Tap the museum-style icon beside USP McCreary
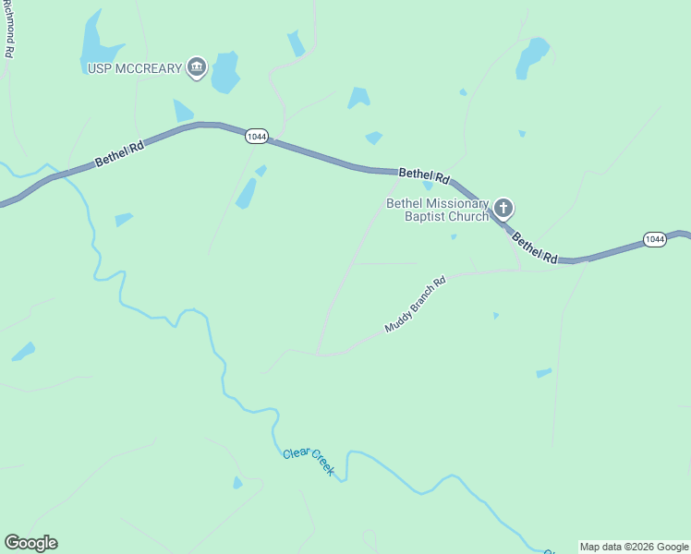[196, 66]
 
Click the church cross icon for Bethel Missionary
[503, 208]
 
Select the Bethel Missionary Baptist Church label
[437, 210]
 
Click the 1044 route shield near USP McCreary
[257, 137]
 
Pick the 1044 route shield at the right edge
[654, 239]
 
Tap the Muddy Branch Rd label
[416, 305]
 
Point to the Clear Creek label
[309, 461]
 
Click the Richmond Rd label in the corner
[8, 30]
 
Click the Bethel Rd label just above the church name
[424, 174]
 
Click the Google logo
[30, 543]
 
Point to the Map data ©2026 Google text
[635, 547]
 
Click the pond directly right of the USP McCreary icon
[224, 73]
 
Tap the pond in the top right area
[532, 56]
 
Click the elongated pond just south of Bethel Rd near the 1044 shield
[246, 193]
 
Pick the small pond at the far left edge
[23, 352]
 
